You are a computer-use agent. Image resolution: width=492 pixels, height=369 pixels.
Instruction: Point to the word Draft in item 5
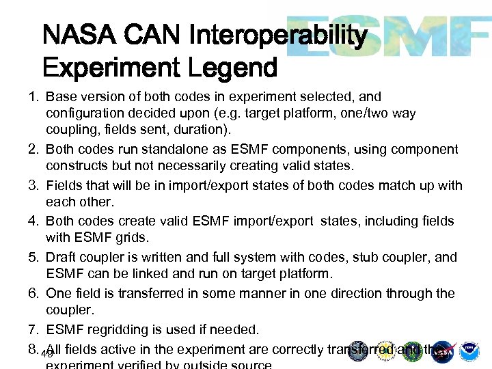point(61,258)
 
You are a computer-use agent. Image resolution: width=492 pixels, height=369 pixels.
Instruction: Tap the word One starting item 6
point(58,293)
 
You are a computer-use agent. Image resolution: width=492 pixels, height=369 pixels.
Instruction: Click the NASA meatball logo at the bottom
point(443,351)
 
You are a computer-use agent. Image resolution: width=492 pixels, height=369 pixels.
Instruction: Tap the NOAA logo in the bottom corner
point(469,351)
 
